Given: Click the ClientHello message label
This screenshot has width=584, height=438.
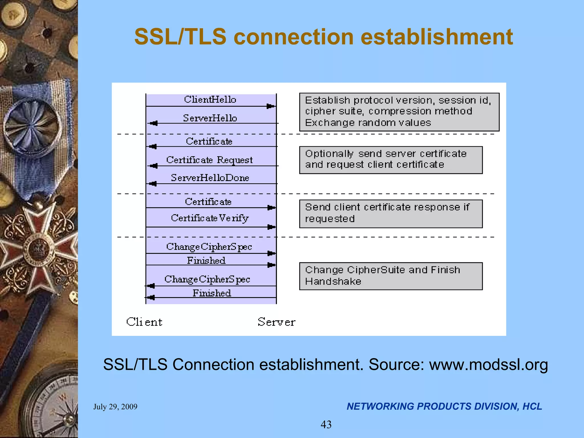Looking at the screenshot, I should click(210, 100).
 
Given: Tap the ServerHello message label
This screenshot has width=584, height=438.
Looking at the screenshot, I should click(210, 118).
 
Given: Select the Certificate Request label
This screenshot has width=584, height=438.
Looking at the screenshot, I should click(209, 160).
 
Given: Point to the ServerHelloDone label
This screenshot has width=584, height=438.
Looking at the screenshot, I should click(210, 178).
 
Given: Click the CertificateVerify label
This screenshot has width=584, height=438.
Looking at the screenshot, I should click(210, 218).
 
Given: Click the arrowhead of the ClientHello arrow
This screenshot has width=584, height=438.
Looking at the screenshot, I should click(270, 106).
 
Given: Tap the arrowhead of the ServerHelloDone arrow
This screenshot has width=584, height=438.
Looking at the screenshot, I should click(153, 184).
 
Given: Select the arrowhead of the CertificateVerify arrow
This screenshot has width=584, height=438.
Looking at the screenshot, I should click(271, 227).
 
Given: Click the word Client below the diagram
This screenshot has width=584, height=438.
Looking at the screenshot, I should click(144, 322).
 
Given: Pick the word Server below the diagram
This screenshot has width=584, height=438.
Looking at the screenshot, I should click(276, 322).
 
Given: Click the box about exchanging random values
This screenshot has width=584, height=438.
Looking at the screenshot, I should click(399, 112).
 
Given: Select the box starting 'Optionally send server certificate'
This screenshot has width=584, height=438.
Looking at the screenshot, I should click(391, 160).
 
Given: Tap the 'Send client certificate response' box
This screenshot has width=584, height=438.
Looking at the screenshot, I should click(391, 214).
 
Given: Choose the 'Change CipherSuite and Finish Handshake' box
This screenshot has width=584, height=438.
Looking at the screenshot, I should click(391, 276).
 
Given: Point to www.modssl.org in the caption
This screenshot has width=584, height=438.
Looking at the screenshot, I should click(488, 365).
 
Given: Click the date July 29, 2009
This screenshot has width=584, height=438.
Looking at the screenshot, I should click(115, 407).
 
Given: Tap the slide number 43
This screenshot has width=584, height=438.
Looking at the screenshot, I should click(326, 425).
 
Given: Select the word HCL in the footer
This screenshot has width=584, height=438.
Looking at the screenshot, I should click(532, 406).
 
